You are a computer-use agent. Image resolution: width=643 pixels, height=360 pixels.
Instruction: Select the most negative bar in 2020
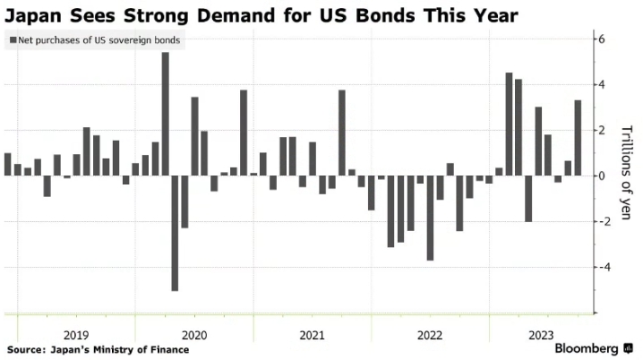(x=175, y=233)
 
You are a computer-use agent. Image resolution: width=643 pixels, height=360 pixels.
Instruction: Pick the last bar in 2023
(x=578, y=138)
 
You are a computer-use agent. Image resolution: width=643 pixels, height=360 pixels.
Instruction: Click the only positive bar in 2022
(x=450, y=169)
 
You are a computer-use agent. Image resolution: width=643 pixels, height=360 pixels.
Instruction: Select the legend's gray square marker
(x=12, y=40)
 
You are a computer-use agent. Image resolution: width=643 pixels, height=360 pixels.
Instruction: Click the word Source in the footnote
(x=26, y=349)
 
